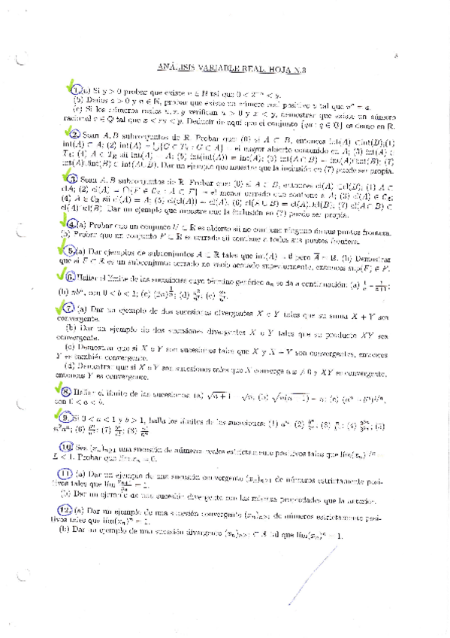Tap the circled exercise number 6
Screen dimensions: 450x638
pos(71,259)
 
